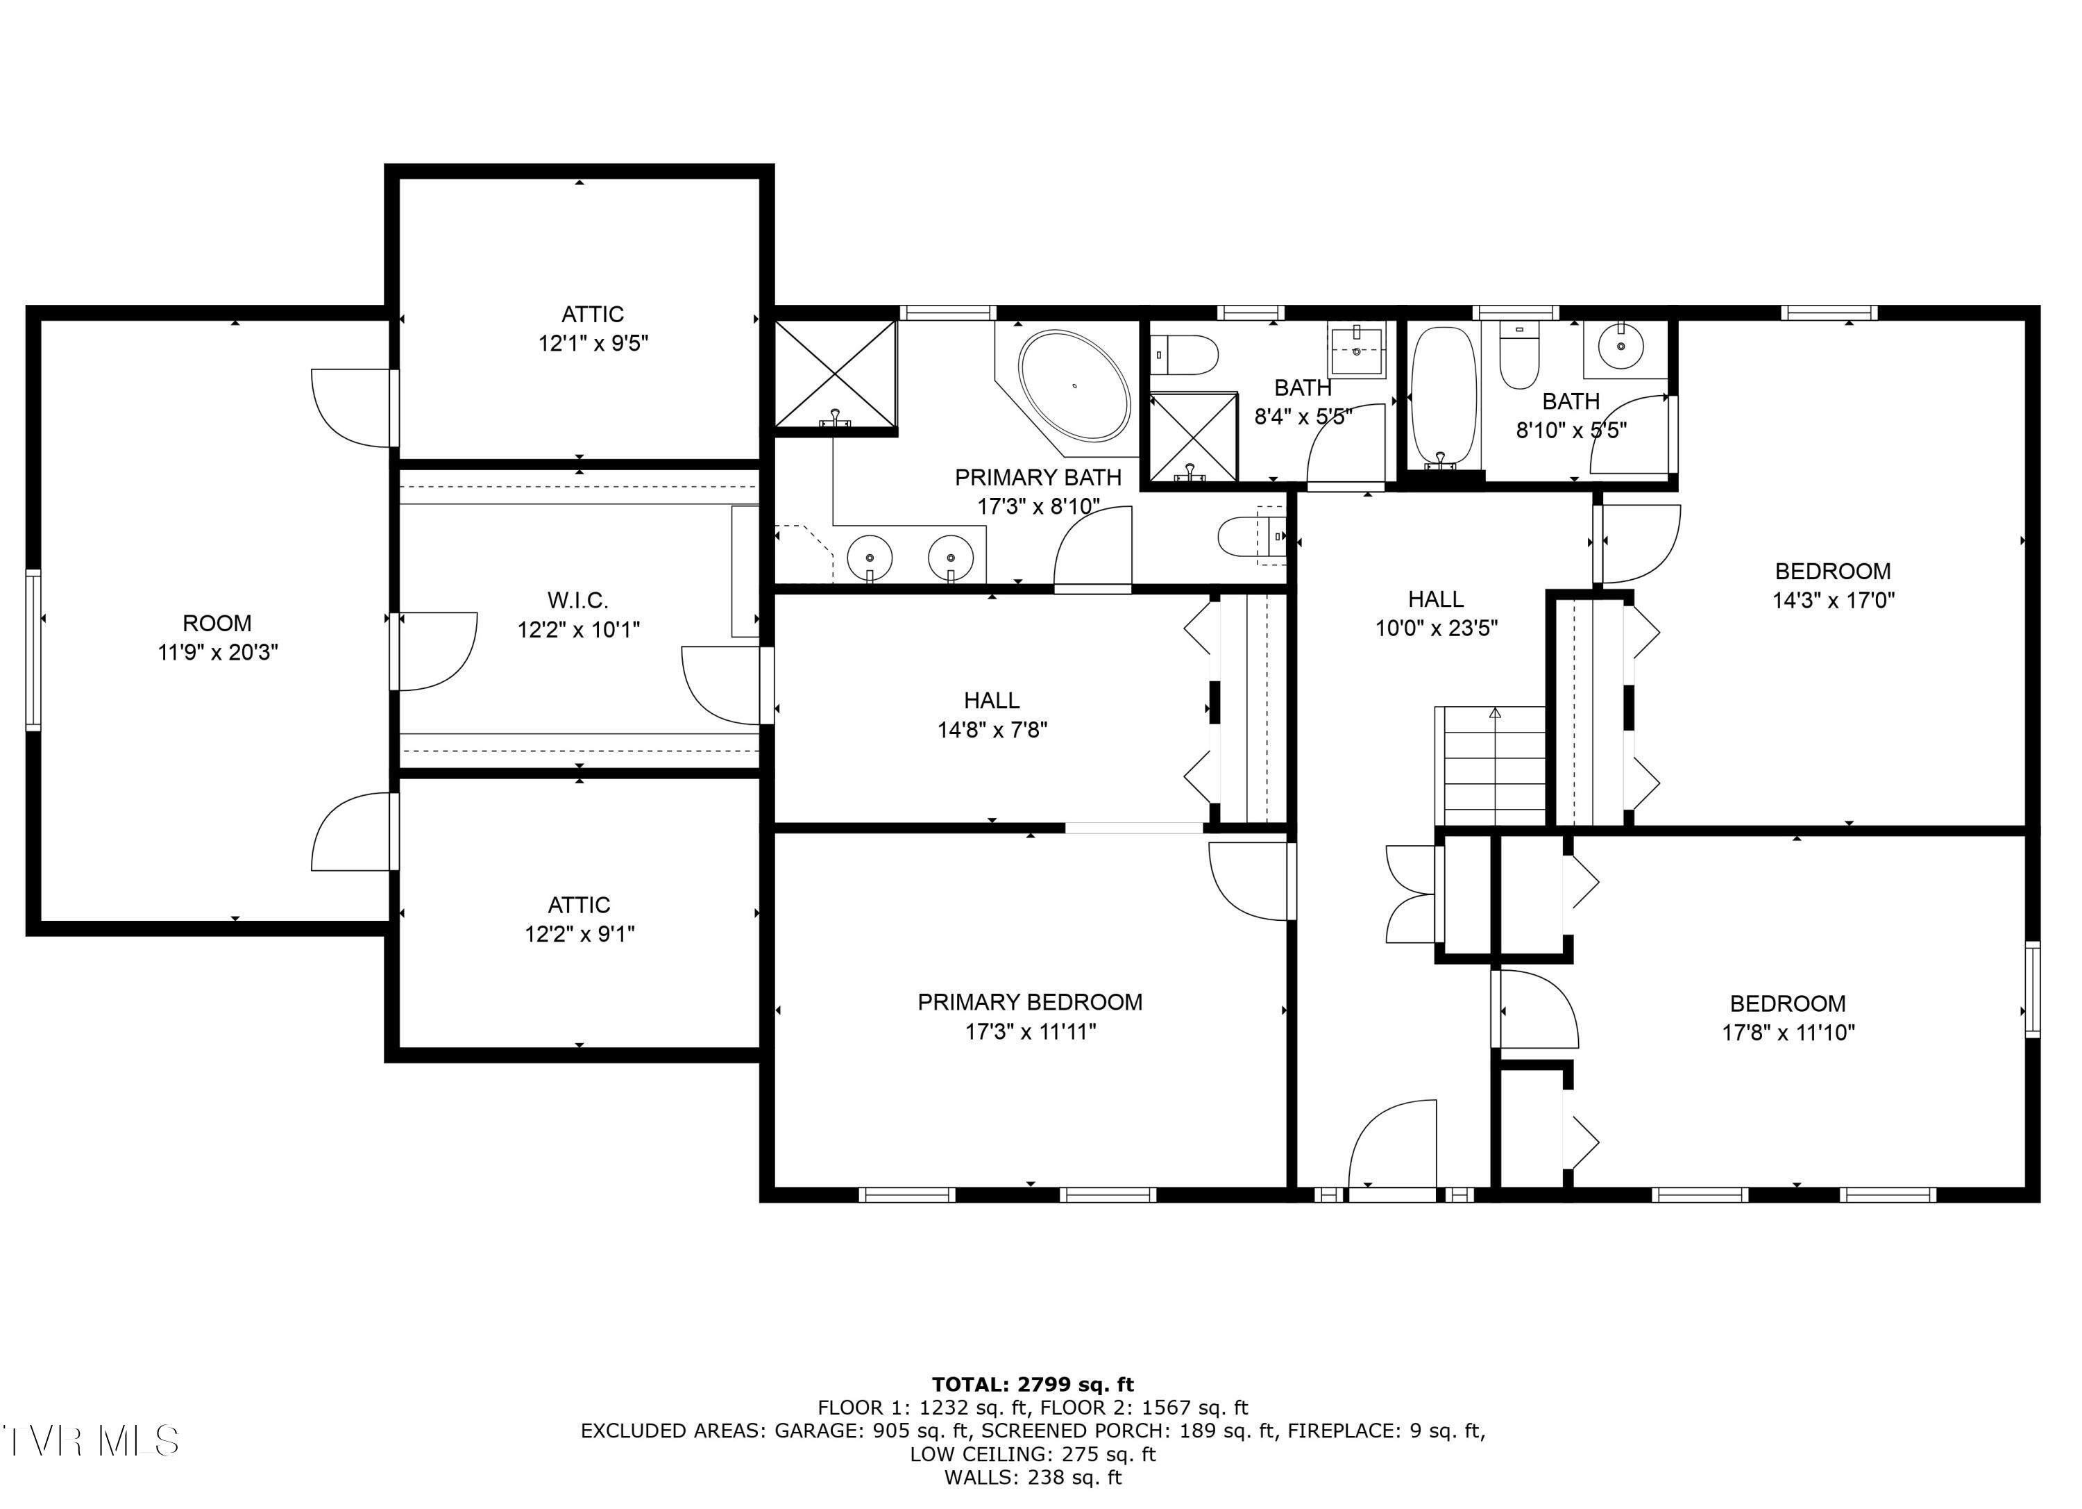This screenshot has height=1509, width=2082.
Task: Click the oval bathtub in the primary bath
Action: (1074, 385)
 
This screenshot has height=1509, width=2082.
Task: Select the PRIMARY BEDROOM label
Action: (1030, 1002)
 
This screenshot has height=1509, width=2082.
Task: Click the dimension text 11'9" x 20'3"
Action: (217, 653)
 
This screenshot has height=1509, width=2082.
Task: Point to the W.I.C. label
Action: (577, 601)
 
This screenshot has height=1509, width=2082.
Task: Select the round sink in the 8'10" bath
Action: (1621, 347)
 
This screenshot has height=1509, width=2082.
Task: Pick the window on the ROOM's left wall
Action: (33, 649)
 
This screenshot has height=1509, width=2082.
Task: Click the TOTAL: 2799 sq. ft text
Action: (1033, 1384)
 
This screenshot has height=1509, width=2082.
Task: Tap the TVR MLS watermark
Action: (90, 1440)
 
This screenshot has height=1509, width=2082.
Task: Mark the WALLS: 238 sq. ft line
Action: (1033, 1478)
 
